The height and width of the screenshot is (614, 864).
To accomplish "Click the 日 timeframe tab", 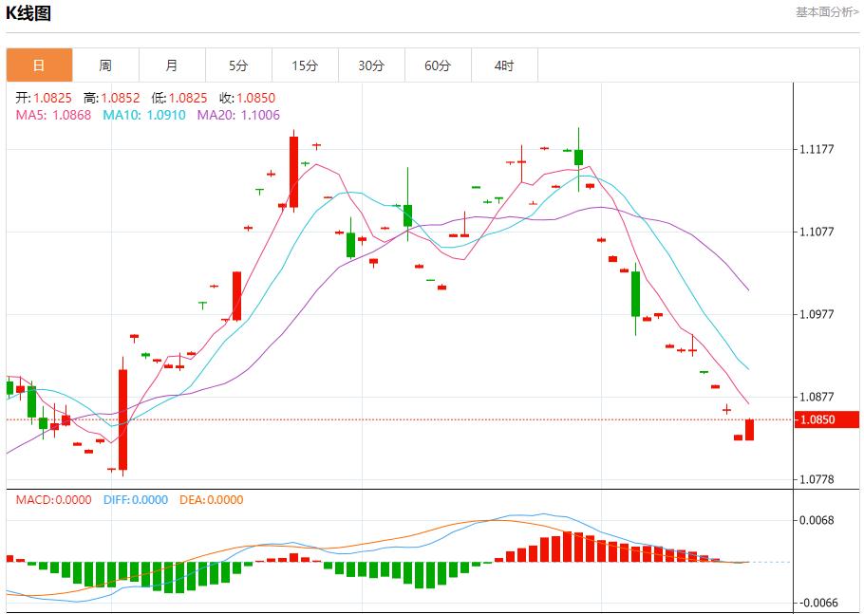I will (39, 65).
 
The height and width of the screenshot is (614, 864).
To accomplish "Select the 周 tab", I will (105, 65).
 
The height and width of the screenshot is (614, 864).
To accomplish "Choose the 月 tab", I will (172, 65).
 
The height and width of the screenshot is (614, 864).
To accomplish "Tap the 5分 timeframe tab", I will (238, 65).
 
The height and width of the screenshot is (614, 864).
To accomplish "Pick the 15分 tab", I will (305, 65).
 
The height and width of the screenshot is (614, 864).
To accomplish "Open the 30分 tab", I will (371, 65).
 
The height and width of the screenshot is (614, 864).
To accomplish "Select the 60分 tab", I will (438, 65).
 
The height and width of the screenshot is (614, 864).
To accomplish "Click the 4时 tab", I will (504, 65).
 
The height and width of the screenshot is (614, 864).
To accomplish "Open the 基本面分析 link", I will (826, 12).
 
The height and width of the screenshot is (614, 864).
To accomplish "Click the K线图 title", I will (29, 13).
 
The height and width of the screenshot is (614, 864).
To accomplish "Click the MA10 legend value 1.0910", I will (165, 115).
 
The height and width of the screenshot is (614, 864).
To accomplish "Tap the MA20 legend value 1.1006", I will (259, 115).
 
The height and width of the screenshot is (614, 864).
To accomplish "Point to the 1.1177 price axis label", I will (817, 149).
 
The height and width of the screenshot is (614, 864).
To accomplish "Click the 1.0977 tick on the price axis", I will (817, 314).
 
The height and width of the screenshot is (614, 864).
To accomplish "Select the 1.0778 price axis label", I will (817, 479).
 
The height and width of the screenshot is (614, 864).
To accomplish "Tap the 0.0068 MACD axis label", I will (817, 520).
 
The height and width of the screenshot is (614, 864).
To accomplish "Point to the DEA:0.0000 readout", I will (210, 500).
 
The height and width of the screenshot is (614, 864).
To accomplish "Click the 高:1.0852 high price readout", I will (111, 98).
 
